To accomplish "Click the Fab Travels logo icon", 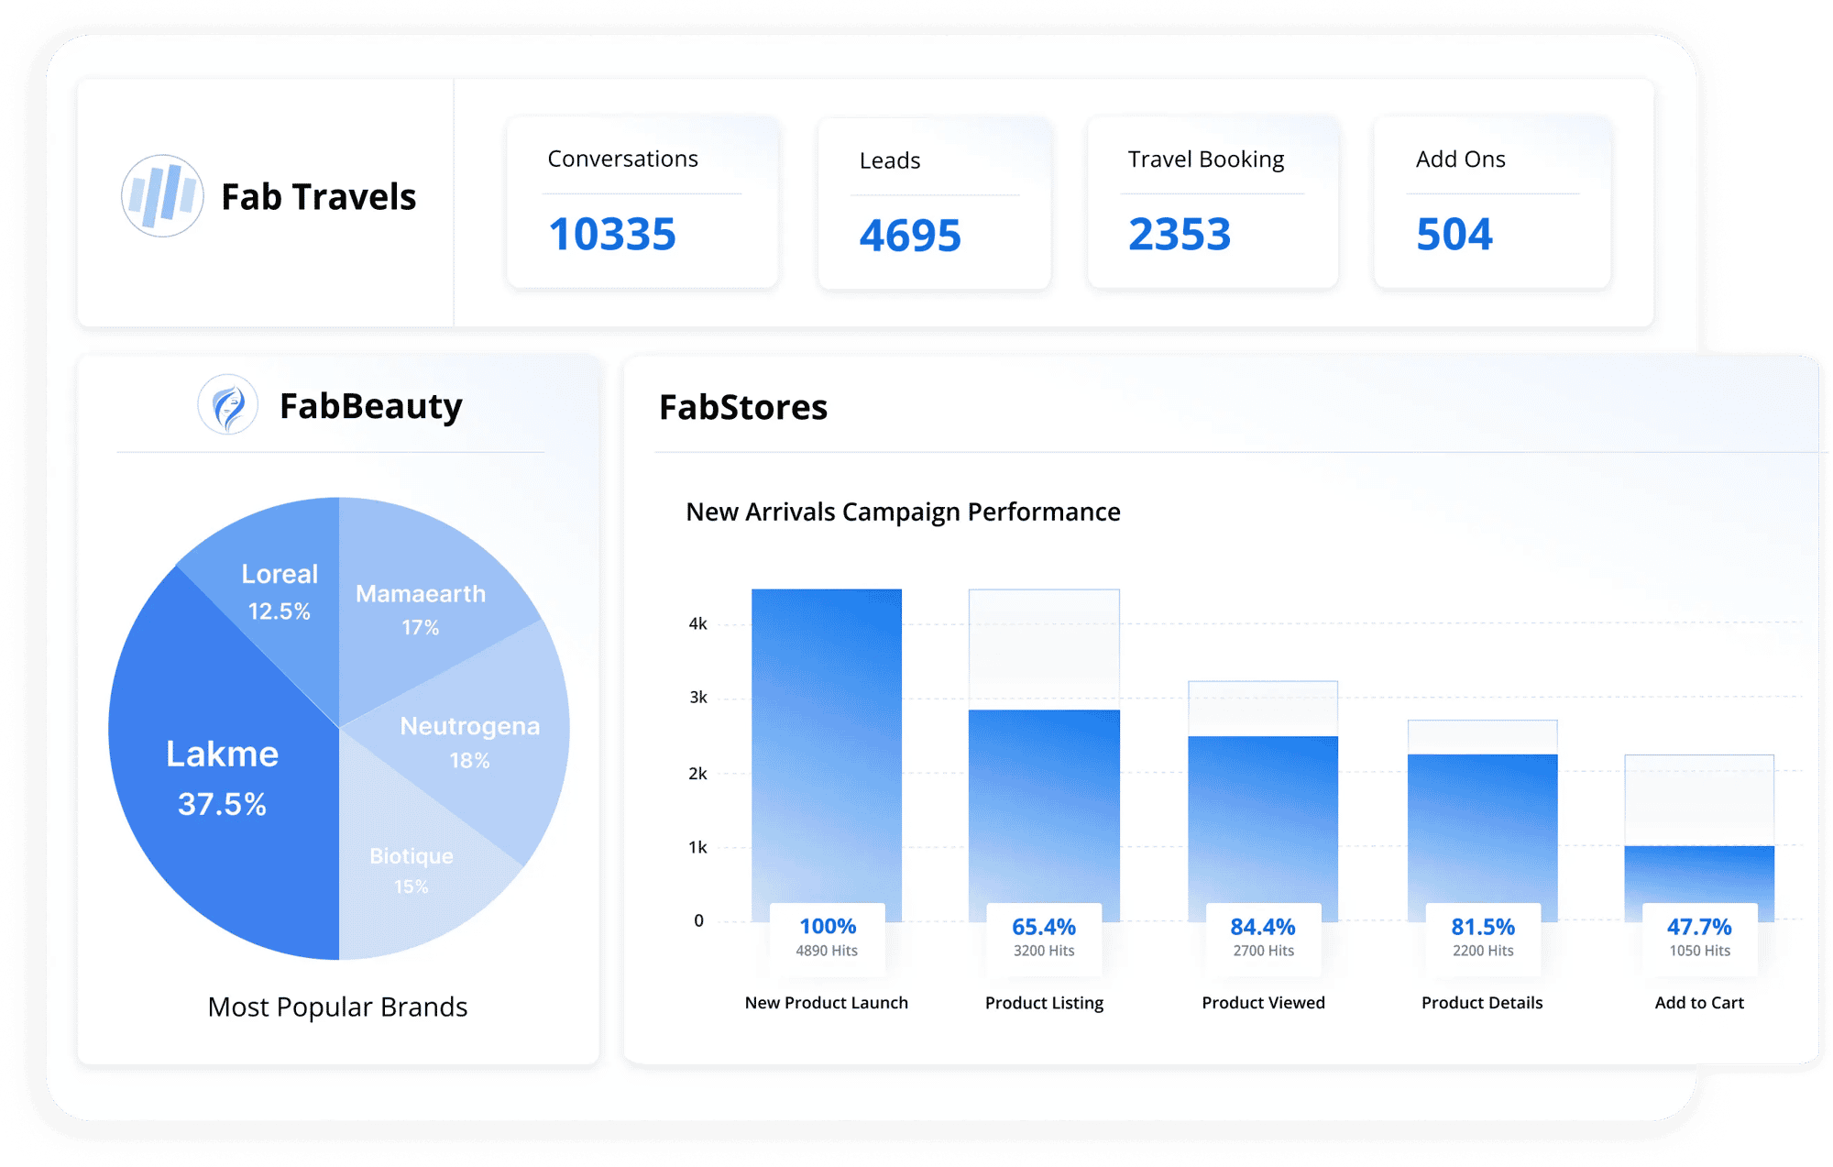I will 162,195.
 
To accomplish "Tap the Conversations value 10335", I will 611,235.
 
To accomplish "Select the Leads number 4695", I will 909,236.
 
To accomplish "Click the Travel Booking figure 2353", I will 1179,235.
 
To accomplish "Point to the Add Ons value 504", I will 1454,235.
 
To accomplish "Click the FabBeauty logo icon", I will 227,404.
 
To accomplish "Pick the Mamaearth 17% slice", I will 421,609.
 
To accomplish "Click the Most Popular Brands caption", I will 337,1007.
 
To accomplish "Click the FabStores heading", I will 742,407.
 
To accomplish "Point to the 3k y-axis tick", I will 697,698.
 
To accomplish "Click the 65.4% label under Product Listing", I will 1043,927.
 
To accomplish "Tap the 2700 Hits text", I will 1263,952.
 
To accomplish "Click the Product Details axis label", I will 1481,1003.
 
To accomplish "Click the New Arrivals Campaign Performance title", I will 902,512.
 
